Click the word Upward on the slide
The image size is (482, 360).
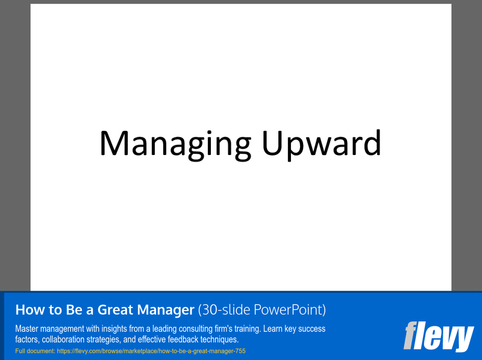(321, 144)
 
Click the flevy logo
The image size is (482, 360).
(438, 336)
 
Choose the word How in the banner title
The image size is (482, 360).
(28, 310)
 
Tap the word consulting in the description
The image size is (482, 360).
(193, 329)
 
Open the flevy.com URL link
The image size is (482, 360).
(151, 350)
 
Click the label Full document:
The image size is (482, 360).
(34, 350)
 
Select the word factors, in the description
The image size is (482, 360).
(27, 339)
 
